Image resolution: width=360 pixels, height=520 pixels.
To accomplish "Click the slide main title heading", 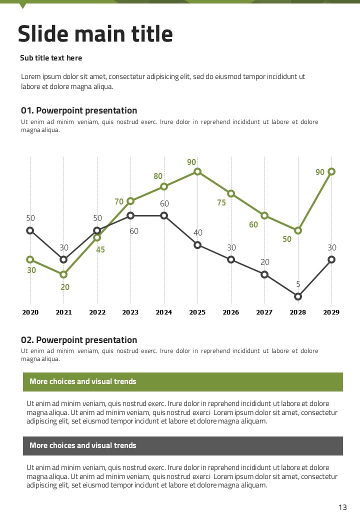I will pos(95,34).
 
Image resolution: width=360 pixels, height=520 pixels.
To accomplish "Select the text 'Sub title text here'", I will pos(51,58).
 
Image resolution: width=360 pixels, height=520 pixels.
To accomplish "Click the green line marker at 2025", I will pos(197,171).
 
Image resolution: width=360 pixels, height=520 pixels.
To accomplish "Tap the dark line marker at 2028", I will pos(298,296).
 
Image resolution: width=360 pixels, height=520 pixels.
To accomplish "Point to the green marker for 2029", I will pos(331,171).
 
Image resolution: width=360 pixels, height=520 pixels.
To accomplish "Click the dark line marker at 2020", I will pos(30,230).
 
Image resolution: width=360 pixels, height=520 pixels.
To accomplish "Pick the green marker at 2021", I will pos(63,274).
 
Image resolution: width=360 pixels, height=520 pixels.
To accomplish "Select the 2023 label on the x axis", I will pos(130,312).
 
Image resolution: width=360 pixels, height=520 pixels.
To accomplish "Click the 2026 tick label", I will pos(231,312).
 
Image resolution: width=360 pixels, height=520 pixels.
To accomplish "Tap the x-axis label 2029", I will pos(331,312).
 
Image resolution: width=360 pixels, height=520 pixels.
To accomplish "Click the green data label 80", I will pos(158,176).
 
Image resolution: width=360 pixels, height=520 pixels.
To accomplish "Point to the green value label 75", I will pos(221,202).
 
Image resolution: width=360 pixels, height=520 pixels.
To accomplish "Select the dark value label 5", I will pos(298,284).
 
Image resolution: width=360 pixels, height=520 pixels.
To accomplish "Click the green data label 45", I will pos(100,249).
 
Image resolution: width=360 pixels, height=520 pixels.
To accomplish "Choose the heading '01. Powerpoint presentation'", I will pos(79,110).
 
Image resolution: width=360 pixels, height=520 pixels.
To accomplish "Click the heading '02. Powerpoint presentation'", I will pos(79,340).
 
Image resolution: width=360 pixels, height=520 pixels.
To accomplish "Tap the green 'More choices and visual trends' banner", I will pos(183,381).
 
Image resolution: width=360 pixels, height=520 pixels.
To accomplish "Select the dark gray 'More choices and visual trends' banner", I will pos(183,445).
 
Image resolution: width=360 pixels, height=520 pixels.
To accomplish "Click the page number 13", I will pos(342,507).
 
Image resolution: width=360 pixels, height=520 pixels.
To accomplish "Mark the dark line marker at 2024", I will pos(164,215).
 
